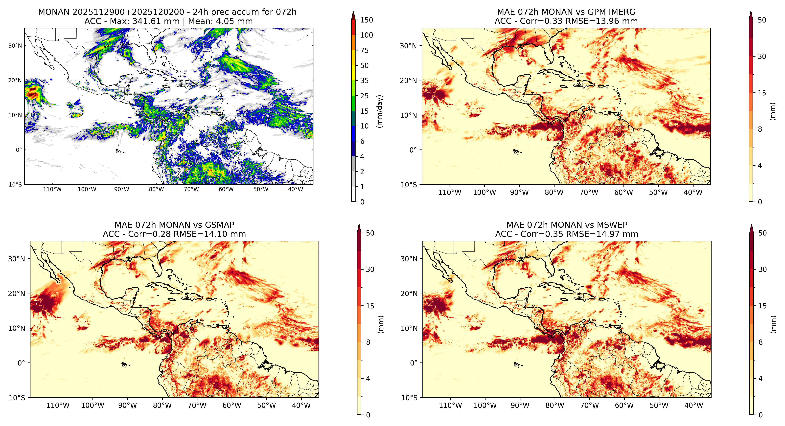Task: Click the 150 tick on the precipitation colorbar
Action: click(366, 20)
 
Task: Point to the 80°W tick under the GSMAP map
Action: click(162, 406)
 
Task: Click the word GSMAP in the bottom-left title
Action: click(220, 225)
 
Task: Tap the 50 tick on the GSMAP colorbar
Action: click(370, 233)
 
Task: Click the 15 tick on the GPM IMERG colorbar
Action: click(762, 93)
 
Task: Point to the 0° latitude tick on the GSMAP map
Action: click(21, 363)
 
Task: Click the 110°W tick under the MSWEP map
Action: click(450, 406)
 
